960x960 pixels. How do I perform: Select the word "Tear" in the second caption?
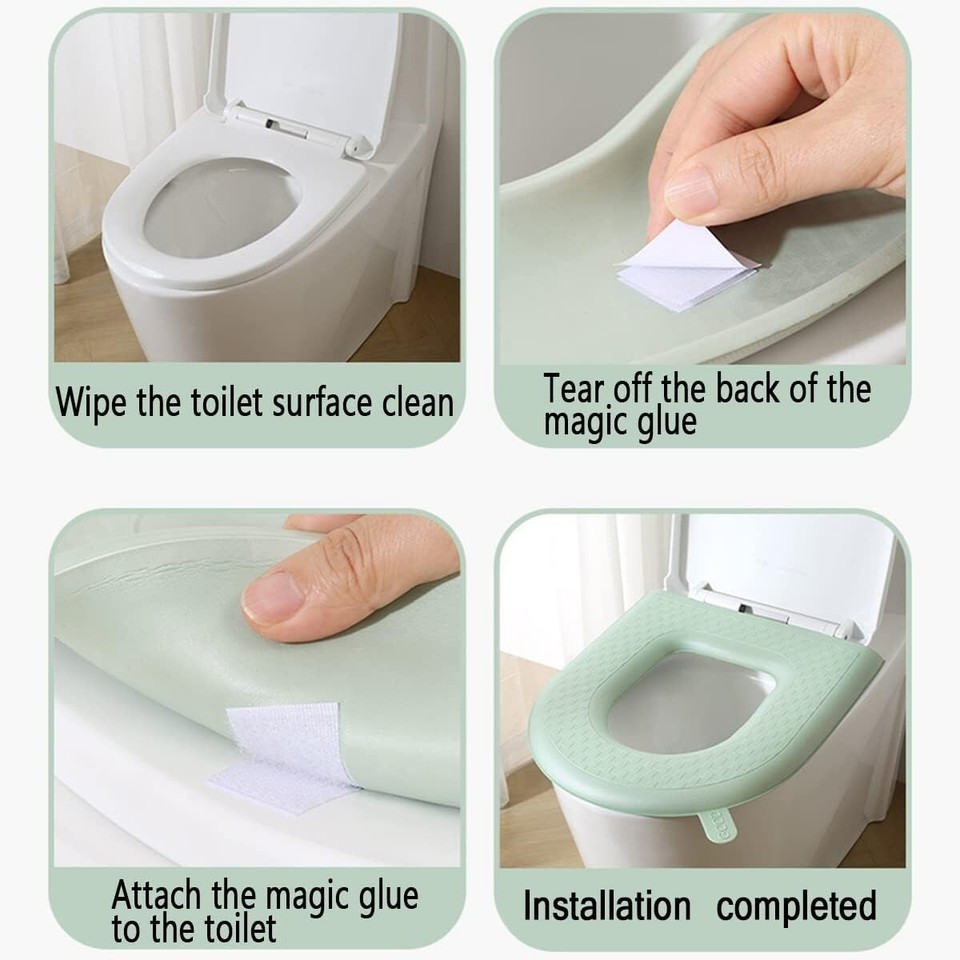coord(576,389)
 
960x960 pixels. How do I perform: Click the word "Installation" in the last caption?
coord(607,906)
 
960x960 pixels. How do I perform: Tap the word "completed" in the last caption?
coord(796,906)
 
